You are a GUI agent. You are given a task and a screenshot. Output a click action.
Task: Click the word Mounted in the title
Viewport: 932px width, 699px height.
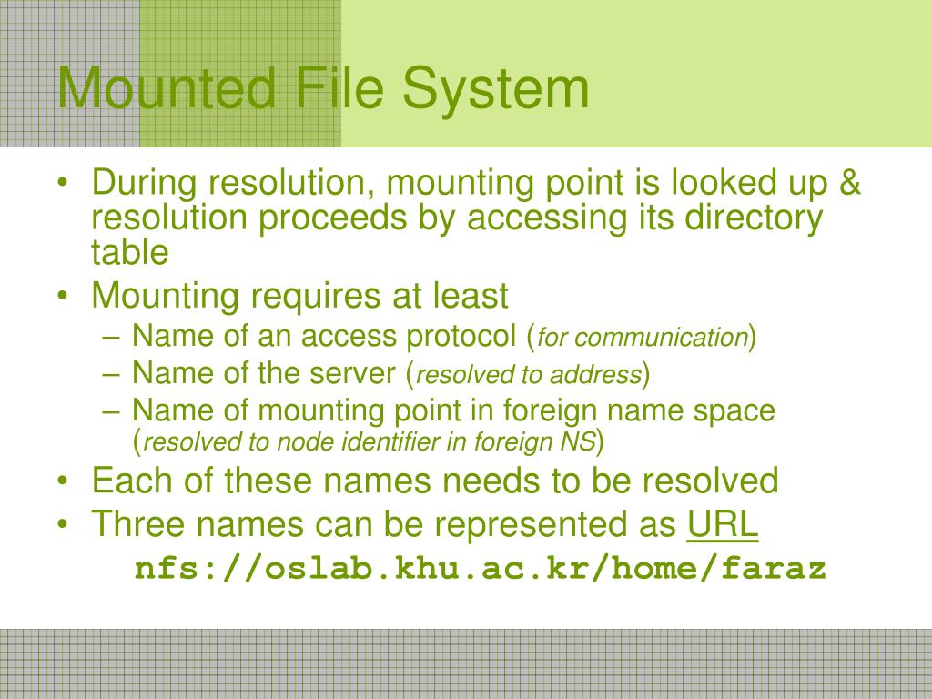[167, 88]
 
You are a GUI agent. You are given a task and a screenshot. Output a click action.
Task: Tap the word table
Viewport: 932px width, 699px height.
[130, 253]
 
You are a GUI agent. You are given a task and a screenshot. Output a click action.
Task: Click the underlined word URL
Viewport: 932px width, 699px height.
[723, 525]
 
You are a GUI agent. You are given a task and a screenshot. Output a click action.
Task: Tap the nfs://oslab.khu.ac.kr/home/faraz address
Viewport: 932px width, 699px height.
[481, 569]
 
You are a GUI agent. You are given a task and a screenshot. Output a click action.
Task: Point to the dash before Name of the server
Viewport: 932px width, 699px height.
[113, 373]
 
